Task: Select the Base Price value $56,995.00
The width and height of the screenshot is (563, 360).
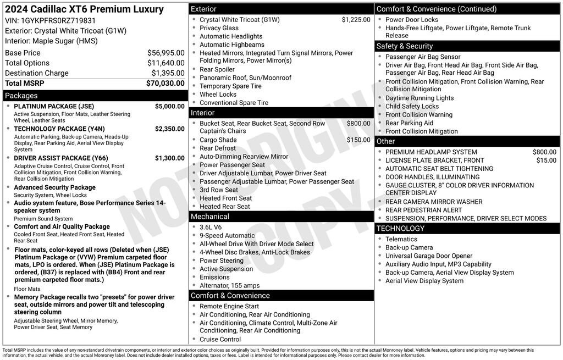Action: [165, 53]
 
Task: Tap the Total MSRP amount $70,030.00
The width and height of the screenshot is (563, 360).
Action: [165, 84]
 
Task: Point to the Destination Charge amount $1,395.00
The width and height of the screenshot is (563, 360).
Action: [168, 73]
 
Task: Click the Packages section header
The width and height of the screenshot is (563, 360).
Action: [21, 96]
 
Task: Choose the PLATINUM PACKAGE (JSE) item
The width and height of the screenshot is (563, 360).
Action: [54, 107]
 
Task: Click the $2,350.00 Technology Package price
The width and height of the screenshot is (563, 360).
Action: [169, 129]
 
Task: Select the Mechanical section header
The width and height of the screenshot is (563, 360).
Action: [210, 217]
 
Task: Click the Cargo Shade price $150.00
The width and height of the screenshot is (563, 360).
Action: [358, 140]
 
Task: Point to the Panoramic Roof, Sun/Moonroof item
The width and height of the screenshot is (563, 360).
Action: [245, 78]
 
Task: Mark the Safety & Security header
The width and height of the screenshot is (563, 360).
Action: [405, 46]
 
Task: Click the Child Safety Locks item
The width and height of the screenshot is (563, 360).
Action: [412, 107]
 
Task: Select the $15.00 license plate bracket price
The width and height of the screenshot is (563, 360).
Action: [546, 160]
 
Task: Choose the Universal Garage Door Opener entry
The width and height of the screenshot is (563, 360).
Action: [429, 256]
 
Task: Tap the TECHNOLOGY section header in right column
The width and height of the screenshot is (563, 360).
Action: [400, 228]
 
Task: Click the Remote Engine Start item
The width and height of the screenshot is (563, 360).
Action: [229, 307]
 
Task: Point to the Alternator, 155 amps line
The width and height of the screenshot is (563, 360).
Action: [229, 286]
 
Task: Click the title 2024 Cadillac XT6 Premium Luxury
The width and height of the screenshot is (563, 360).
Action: [84, 9]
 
